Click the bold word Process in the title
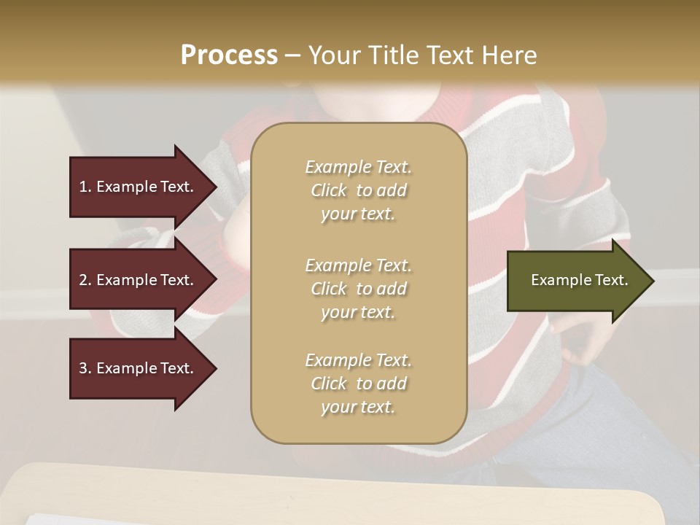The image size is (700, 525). (x=229, y=55)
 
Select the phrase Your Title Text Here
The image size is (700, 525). (x=423, y=55)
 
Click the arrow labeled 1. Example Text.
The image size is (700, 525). (x=139, y=187)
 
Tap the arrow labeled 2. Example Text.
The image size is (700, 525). (x=139, y=280)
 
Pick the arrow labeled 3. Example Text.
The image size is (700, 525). (x=139, y=368)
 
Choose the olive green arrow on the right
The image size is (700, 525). (x=576, y=280)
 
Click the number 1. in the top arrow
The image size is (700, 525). (x=85, y=187)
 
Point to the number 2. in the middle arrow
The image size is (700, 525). (x=85, y=280)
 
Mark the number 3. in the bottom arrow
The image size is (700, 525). (x=85, y=368)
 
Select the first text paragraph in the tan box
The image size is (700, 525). (x=358, y=190)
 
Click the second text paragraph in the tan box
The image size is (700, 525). (x=358, y=289)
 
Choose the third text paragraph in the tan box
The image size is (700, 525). (x=358, y=384)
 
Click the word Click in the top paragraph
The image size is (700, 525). (x=329, y=190)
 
